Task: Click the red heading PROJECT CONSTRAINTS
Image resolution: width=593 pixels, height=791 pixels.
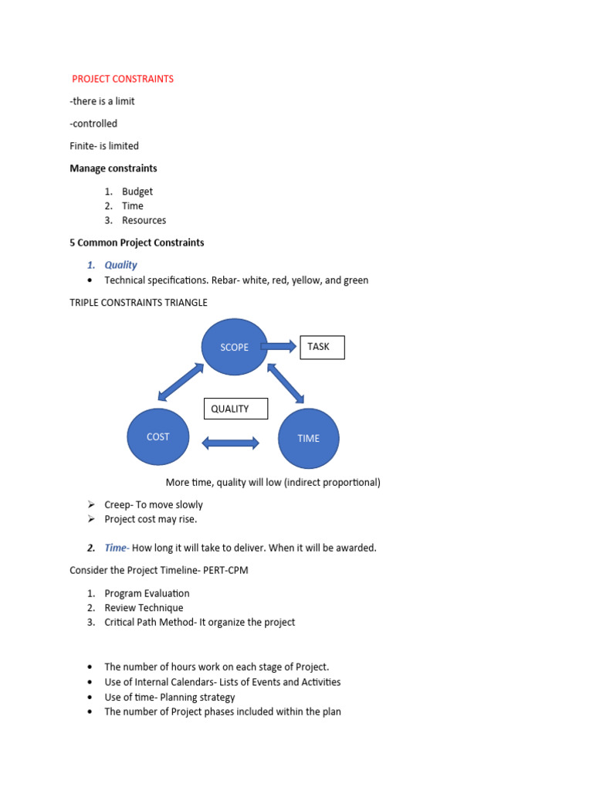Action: [123, 79]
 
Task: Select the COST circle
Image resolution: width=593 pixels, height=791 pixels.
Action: [158, 436]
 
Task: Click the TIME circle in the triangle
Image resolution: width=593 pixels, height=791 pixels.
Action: [308, 438]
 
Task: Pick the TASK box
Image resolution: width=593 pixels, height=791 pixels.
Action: [318, 347]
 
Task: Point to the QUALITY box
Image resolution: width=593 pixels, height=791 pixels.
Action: [236, 409]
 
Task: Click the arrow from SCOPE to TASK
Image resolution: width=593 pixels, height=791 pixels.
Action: [279, 347]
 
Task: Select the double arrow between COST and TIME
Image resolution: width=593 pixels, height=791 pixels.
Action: [230, 443]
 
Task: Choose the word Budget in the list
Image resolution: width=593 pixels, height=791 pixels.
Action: [137, 191]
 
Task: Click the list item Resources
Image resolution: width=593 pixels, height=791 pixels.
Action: [144, 220]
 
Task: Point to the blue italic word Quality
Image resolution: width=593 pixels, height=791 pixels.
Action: [120, 265]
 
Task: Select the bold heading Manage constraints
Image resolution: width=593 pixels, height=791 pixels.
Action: [114, 168]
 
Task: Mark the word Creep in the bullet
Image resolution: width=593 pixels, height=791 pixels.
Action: [118, 504]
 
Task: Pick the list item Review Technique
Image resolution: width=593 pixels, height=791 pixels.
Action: [144, 608]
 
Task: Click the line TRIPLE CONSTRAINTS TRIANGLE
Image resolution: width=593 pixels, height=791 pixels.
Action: [138, 303]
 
